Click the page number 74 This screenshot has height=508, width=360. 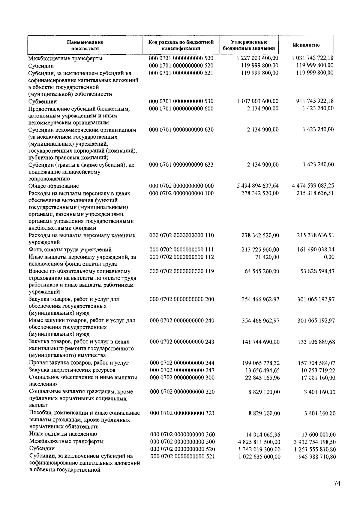(337, 483)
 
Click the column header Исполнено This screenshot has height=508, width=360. (306, 45)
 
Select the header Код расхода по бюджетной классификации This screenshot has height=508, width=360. (181, 45)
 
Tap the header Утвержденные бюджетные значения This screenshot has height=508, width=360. (249, 45)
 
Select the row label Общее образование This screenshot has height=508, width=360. (54, 186)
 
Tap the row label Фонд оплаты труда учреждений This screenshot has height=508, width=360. (70, 249)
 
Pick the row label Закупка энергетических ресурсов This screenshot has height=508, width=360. (72, 370)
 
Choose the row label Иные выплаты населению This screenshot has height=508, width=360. (63, 434)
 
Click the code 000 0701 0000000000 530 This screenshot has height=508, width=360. (181, 101)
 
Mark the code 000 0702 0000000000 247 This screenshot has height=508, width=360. (182, 370)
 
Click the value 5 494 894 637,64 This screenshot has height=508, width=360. (258, 186)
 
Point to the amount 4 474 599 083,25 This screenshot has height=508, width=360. (313, 186)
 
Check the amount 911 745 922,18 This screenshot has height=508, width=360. (315, 101)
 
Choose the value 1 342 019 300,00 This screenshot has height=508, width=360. (260, 449)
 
